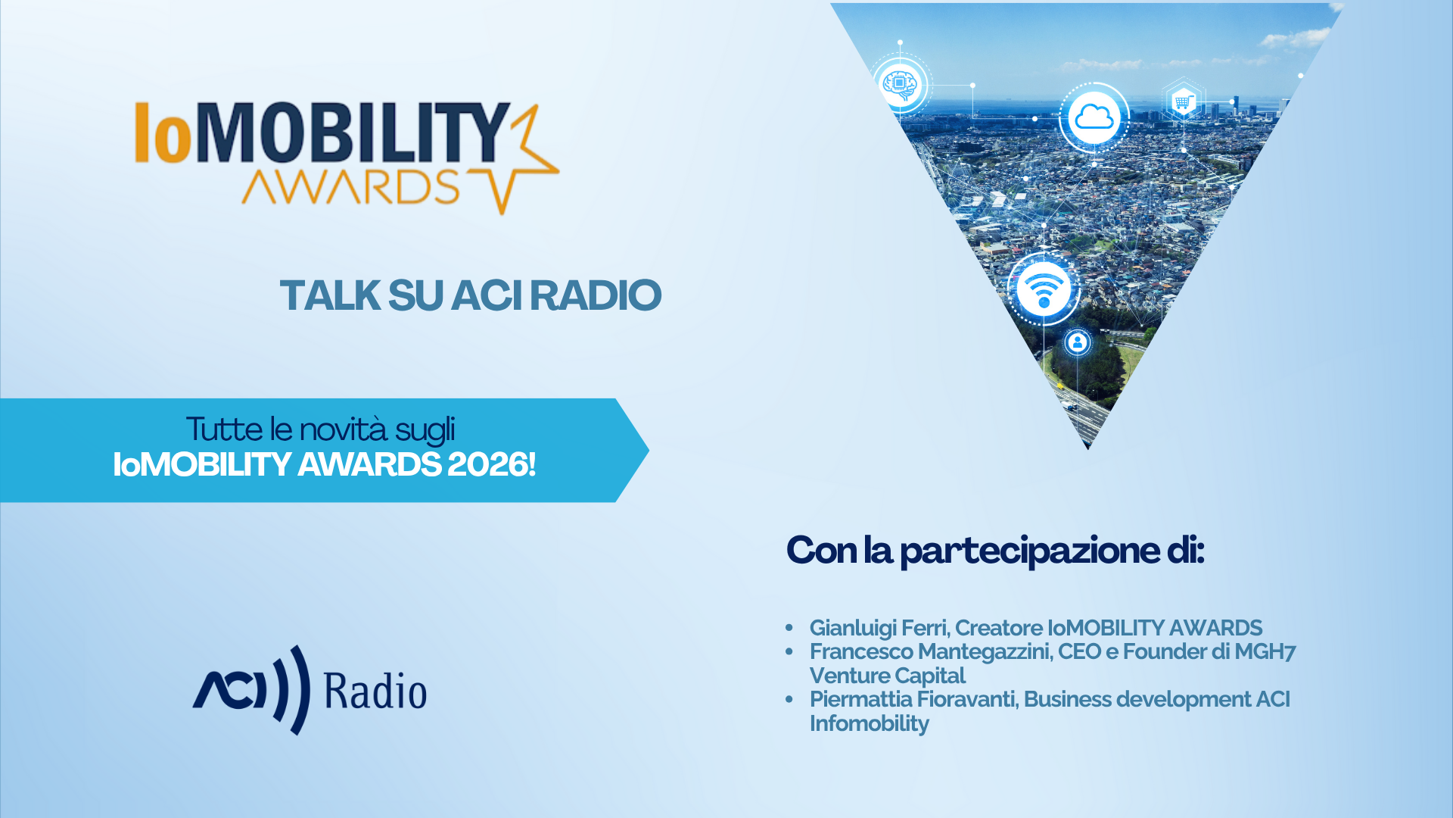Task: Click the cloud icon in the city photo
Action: point(1094,117)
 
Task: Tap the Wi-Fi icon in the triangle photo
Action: point(1044,289)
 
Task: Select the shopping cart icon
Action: point(1183,101)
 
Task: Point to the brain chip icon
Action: point(900,84)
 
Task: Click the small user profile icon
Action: point(1077,342)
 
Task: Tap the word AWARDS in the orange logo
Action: point(350,186)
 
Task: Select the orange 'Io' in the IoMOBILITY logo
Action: point(163,133)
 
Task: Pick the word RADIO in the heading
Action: point(596,295)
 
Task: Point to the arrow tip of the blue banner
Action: point(649,450)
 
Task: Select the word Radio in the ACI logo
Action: point(375,691)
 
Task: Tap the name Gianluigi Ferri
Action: point(878,628)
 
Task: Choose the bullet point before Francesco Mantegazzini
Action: point(789,651)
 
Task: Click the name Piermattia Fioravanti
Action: point(913,699)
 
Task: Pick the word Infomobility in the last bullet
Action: point(870,723)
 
